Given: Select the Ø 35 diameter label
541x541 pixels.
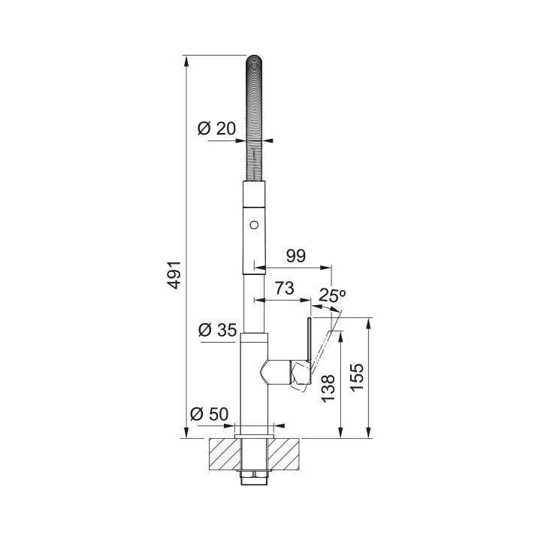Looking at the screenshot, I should (x=216, y=330).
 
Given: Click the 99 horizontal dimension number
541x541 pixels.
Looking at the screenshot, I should (x=296, y=255).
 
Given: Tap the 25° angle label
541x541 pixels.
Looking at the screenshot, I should (x=331, y=295).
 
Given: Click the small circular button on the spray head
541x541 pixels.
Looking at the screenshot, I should (x=254, y=223).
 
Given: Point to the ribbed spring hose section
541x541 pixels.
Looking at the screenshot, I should (x=255, y=120).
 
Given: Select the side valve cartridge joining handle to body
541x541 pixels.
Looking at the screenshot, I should (x=278, y=371).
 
